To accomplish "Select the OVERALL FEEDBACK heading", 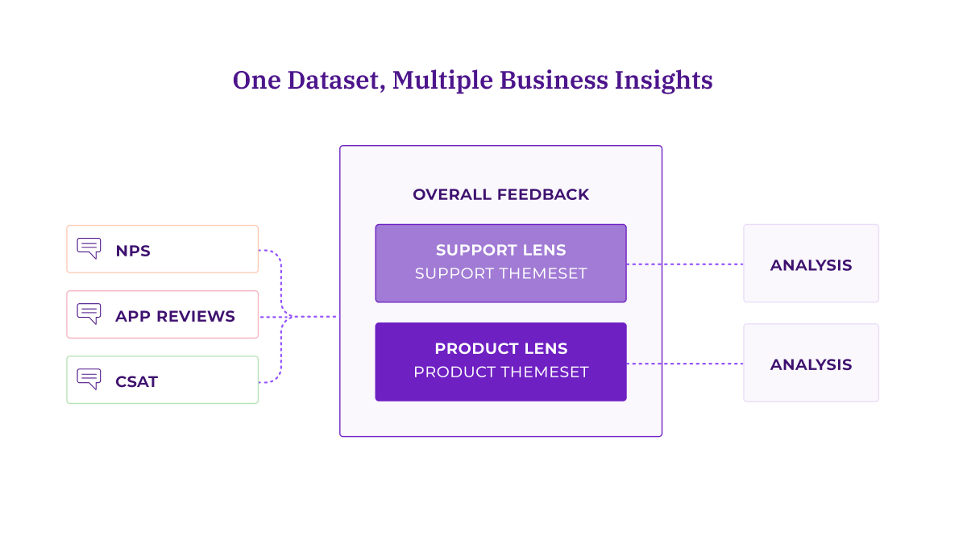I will (x=500, y=195).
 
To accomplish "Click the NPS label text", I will (x=133, y=251).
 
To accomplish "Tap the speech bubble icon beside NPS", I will (x=89, y=248).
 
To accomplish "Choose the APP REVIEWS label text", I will (x=175, y=316).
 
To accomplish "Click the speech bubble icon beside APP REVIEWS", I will (x=89, y=314).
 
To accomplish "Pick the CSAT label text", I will (x=136, y=381).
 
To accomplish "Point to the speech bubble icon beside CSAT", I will (x=89, y=379).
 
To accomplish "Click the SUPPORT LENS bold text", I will (x=500, y=250).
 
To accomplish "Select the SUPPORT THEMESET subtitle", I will (x=500, y=273).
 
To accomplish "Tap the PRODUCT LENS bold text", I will (x=500, y=349).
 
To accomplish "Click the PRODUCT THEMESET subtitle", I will (x=500, y=372).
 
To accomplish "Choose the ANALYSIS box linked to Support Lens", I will (x=811, y=264).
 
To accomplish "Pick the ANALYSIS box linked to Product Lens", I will (x=811, y=364).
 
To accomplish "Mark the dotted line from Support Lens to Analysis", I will (x=685, y=264).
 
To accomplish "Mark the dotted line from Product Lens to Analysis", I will (x=685, y=364).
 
